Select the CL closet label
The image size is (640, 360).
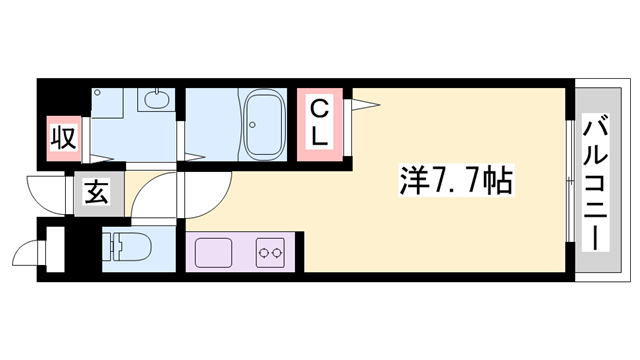(x=319, y=122)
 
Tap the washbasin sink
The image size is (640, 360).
(x=156, y=100)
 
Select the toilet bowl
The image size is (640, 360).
(x=127, y=245)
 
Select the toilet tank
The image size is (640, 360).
(x=111, y=245)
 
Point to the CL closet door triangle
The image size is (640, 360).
(x=362, y=101)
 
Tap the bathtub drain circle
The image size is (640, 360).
(x=251, y=126)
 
